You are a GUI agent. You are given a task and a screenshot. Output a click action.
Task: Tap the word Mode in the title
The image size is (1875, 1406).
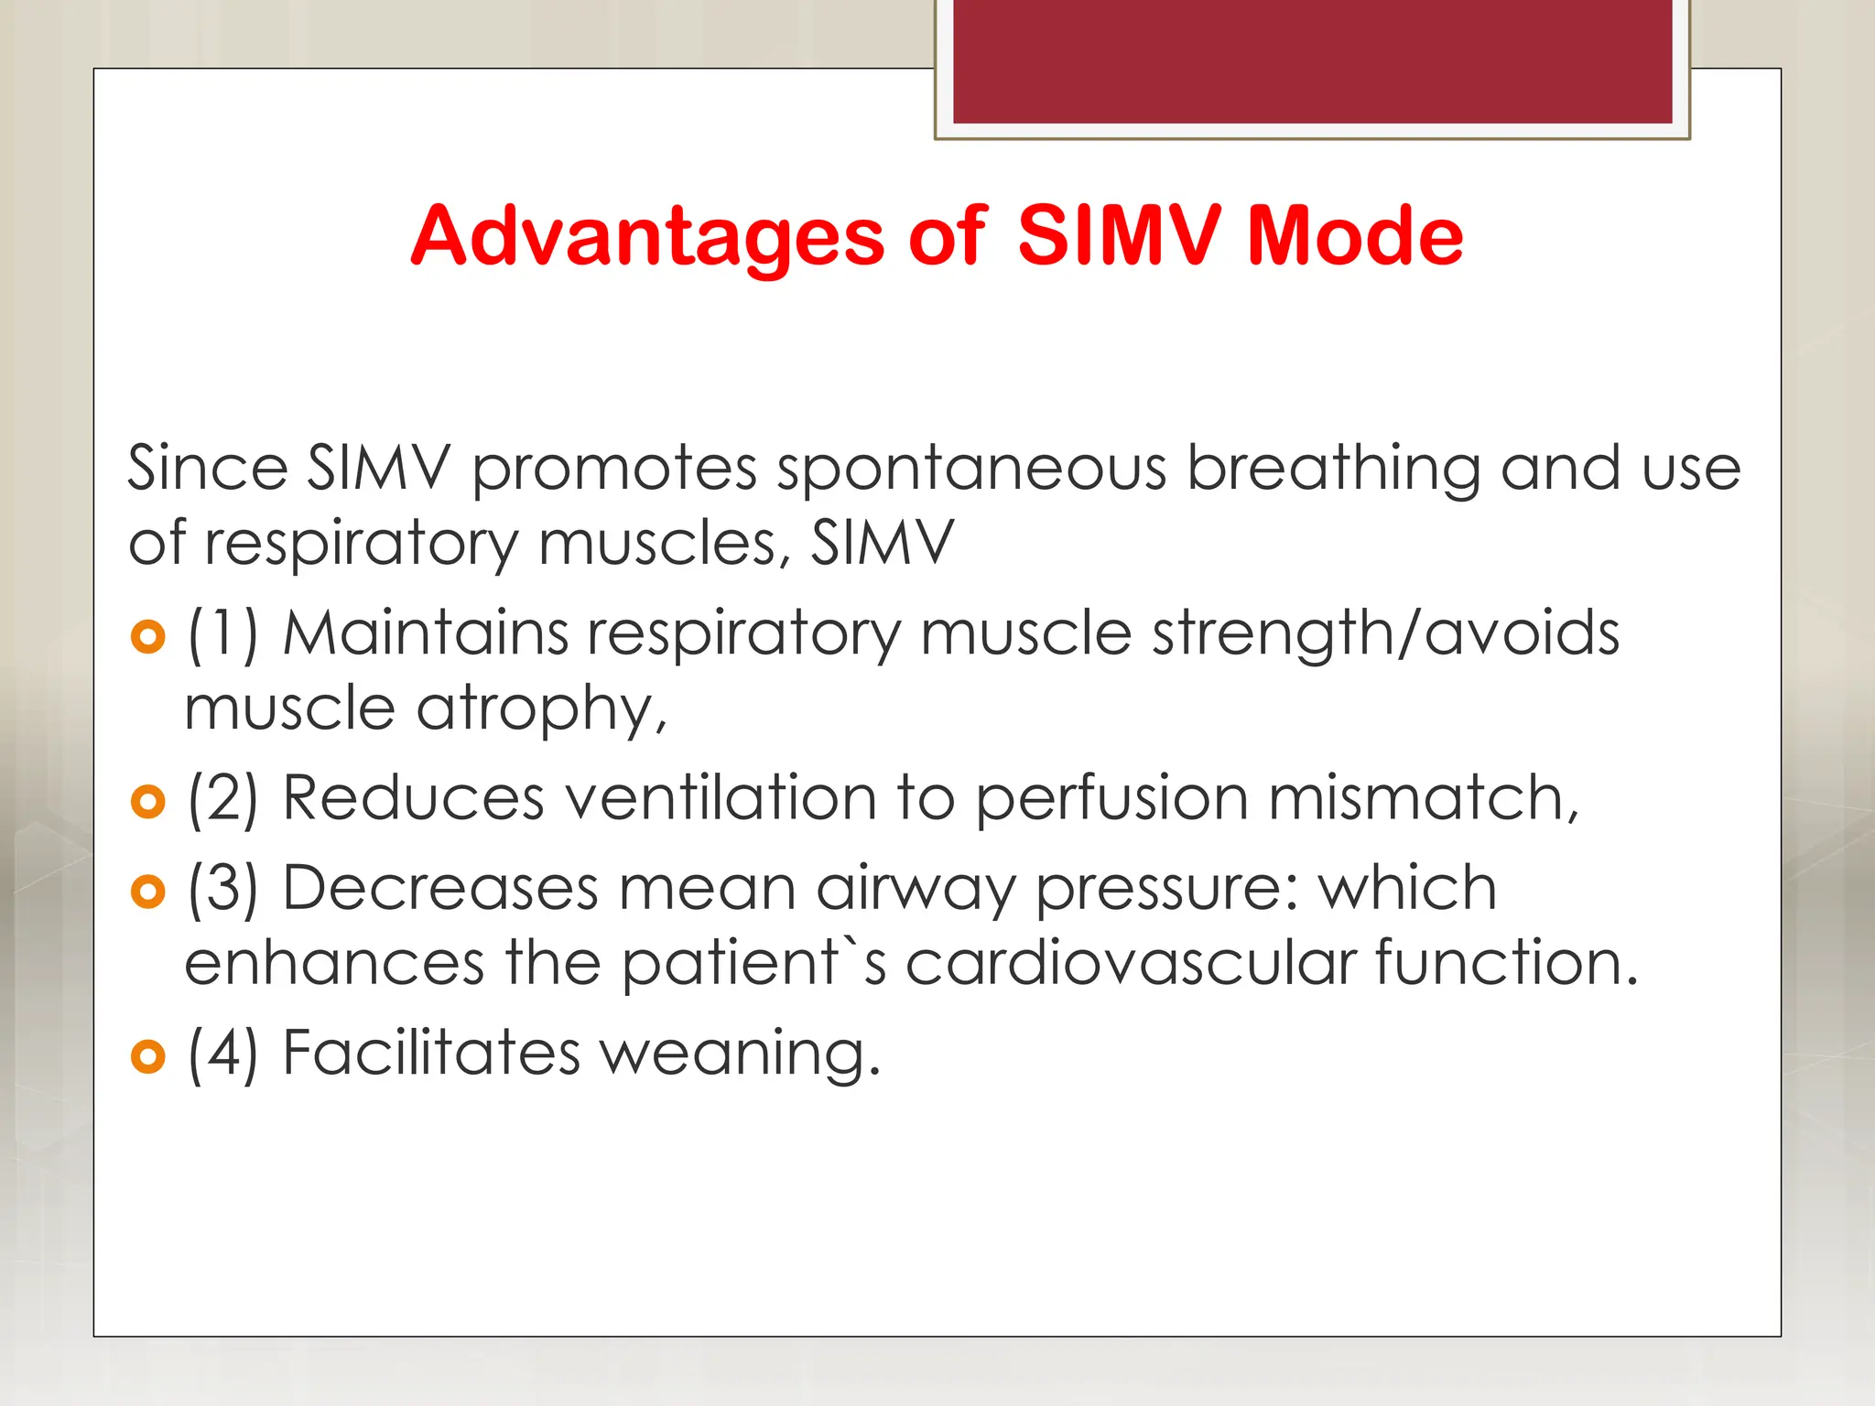1355,237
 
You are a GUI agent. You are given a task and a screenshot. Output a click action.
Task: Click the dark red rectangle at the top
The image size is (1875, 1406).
1312,61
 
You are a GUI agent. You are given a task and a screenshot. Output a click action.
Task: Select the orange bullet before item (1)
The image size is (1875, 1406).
148,636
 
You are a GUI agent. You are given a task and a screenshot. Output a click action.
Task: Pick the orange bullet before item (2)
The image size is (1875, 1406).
148,802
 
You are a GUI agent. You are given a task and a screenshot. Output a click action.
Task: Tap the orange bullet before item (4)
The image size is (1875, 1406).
148,1056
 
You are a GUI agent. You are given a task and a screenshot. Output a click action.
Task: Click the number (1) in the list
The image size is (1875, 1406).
223,634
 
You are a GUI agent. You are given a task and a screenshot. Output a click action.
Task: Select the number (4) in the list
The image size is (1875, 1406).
223,1054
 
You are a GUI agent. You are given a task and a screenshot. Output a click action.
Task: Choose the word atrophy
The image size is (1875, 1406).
540,710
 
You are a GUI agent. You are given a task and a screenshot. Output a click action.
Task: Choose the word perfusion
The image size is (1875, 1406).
1111,800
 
